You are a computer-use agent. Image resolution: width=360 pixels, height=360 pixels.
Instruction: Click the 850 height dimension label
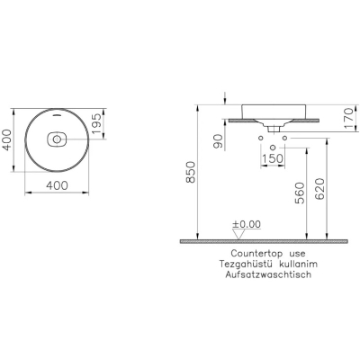191,172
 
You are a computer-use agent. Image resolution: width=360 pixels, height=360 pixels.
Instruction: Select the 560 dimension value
300,193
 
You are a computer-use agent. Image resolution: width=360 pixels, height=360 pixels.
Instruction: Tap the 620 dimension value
320,189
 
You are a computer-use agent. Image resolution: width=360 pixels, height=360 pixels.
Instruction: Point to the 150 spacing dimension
273,158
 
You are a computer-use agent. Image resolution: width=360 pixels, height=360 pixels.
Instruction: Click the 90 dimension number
220,141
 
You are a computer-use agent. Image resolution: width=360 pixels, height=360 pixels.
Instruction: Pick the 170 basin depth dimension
349,118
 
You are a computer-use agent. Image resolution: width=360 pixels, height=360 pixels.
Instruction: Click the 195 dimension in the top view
97,124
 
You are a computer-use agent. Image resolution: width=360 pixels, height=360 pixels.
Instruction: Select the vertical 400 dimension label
6,139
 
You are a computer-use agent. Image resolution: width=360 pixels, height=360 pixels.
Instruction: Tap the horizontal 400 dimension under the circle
57,185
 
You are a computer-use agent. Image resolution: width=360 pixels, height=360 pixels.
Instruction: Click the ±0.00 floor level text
247,224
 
